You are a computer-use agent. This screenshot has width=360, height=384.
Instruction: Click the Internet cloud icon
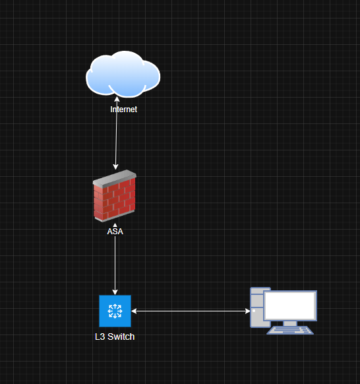[123, 74]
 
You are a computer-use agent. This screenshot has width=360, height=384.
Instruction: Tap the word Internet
[123, 110]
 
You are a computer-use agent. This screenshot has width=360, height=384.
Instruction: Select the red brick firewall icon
[115, 196]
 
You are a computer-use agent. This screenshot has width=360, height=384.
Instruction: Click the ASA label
[115, 232]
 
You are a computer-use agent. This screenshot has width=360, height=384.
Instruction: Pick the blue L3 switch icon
[115, 311]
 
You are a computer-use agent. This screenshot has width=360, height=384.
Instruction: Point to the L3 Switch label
[115, 336]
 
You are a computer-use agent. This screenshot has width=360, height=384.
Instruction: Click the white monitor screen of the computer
[290, 305]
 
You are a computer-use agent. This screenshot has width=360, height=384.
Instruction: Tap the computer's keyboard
[290, 330]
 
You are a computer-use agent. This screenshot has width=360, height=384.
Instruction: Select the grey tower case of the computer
[257, 307]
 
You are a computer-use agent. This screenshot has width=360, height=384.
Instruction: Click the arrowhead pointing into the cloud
[117, 99]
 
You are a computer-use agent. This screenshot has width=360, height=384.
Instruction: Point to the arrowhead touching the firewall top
[115, 167]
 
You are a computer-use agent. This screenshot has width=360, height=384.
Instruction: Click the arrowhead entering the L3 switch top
[115, 292]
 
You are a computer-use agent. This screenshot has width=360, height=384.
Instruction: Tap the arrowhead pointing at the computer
[247, 311]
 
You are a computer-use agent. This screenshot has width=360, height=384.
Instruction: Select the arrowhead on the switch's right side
[134, 311]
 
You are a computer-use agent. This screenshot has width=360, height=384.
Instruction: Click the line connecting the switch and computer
[191, 311]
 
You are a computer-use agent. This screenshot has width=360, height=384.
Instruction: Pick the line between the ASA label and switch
[115, 265]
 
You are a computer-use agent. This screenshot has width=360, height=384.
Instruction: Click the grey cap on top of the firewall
[115, 178]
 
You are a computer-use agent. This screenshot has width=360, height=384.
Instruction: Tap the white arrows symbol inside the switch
[115, 311]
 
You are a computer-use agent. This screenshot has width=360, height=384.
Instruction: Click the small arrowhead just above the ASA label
[115, 225]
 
